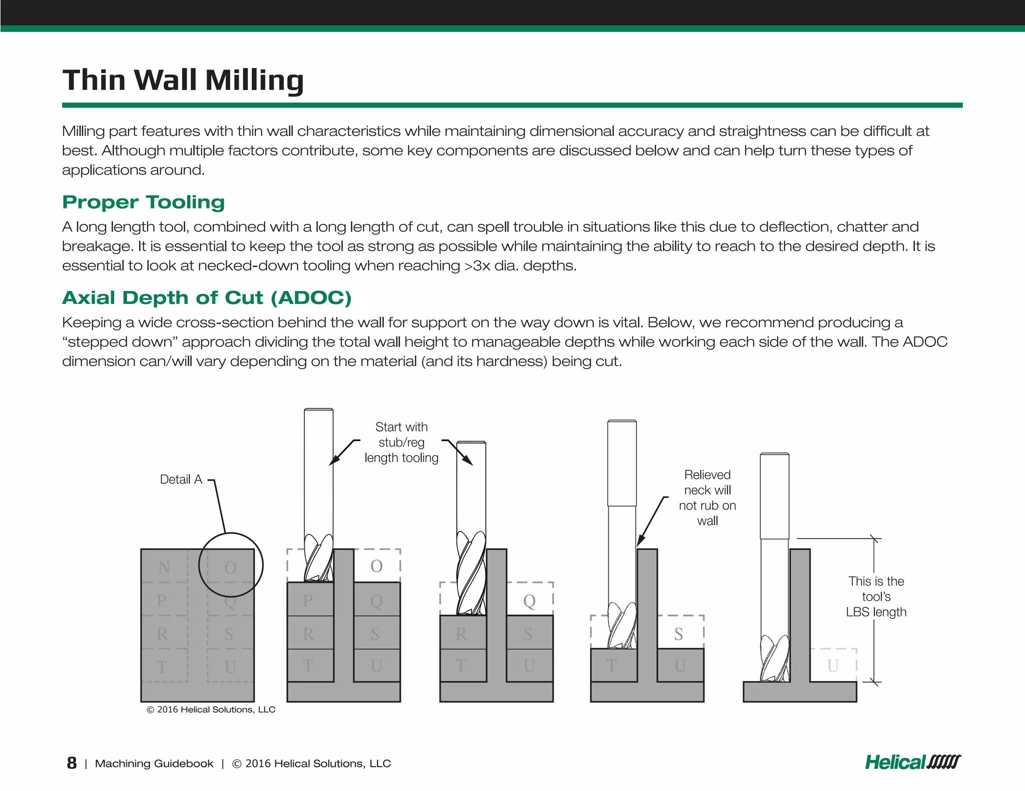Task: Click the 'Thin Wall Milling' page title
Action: [183, 80]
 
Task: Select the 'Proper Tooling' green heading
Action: [143, 202]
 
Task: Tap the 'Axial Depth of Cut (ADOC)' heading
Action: [207, 297]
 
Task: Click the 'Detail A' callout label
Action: [181, 479]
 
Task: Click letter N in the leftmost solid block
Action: [164, 567]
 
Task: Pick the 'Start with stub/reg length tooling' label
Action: [401, 442]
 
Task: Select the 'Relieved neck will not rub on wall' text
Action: [707, 497]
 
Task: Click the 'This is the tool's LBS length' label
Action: [876, 596]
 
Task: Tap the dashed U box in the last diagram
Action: [833, 665]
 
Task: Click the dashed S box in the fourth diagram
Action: [680, 633]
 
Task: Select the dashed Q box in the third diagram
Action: [530, 599]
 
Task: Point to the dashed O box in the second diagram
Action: [377, 566]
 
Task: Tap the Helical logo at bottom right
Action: [912, 762]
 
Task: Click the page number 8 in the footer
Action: [72, 763]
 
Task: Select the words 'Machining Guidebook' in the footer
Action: [154, 763]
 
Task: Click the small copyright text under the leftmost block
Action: [211, 709]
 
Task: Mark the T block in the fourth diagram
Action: [613, 665]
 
